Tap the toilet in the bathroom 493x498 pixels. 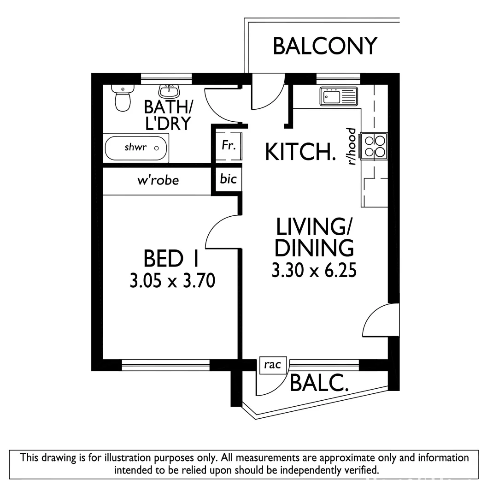coord(123,99)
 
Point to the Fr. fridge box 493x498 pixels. coord(229,146)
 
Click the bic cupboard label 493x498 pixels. coord(229,179)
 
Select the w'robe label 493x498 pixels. coord(158,180)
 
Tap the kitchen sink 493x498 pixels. coord(339,97)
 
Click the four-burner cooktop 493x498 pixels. coord(375,145)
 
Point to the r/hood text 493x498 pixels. coord(352,147)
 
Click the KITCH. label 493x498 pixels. coord(300,152)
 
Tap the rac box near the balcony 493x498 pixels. coord(273,365)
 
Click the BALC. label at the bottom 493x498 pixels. coord(318,383)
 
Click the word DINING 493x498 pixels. coord(314,248)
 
